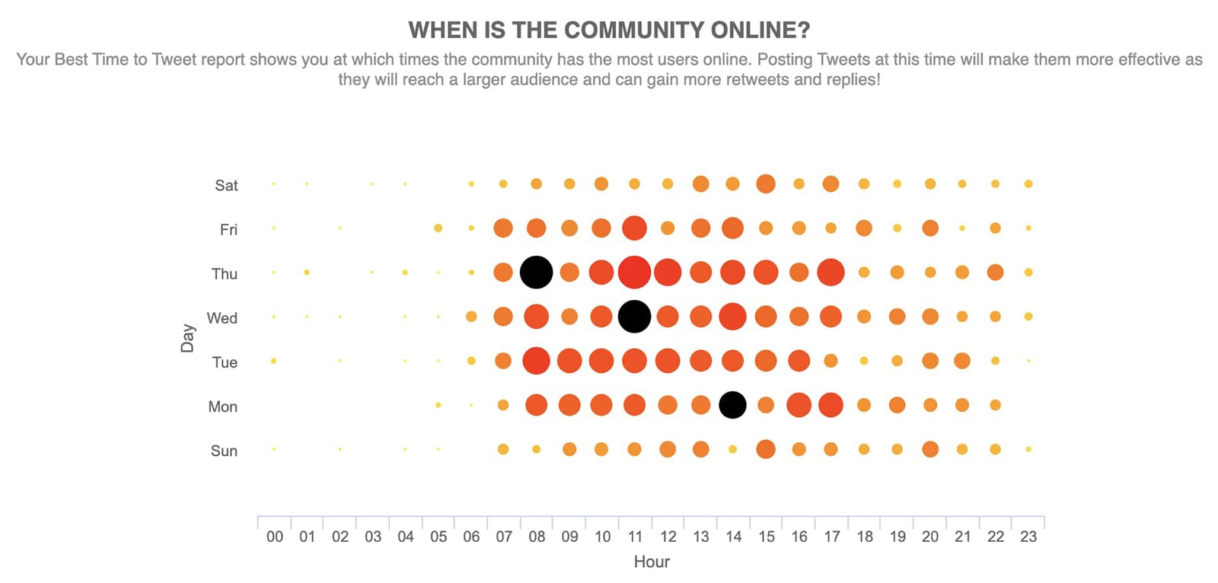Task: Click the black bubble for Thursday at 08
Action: [x=536, y=272]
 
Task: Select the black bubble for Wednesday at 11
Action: [x=634, y=317]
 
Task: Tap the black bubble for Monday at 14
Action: [x=732, y=405]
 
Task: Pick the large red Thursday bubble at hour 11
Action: [x=634, y=272]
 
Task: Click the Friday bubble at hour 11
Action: [x=634, y=228]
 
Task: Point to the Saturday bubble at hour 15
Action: [x=766, y=183]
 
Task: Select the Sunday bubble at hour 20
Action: [x=929, y=449]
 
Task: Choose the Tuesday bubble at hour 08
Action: [x=536, y=361]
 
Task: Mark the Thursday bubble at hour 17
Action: [x=831, y=272]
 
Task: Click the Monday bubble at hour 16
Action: [x=799, y=405]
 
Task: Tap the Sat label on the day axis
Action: [x=226, y=186]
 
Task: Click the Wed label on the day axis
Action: [x=222, y=318]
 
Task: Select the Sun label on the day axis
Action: [x=224, y=451]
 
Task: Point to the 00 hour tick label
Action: [x=275, y=537]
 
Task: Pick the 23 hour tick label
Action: [x=1028, y=537]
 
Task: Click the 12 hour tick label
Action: [x=668, y=537]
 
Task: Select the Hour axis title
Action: [x=652, y=562]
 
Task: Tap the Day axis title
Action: [x=187, y=338]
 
